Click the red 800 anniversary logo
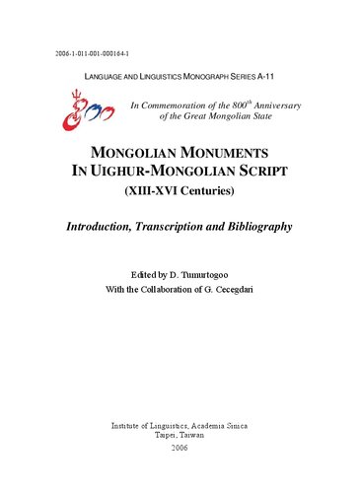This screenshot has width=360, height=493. [77, 112]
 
